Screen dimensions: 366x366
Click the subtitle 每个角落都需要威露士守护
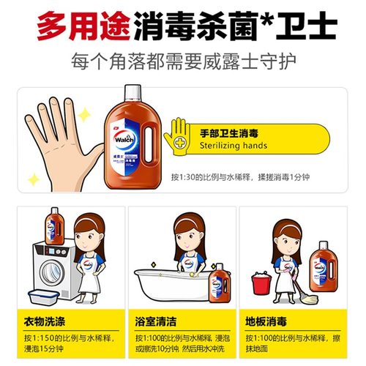coord(183,60)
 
